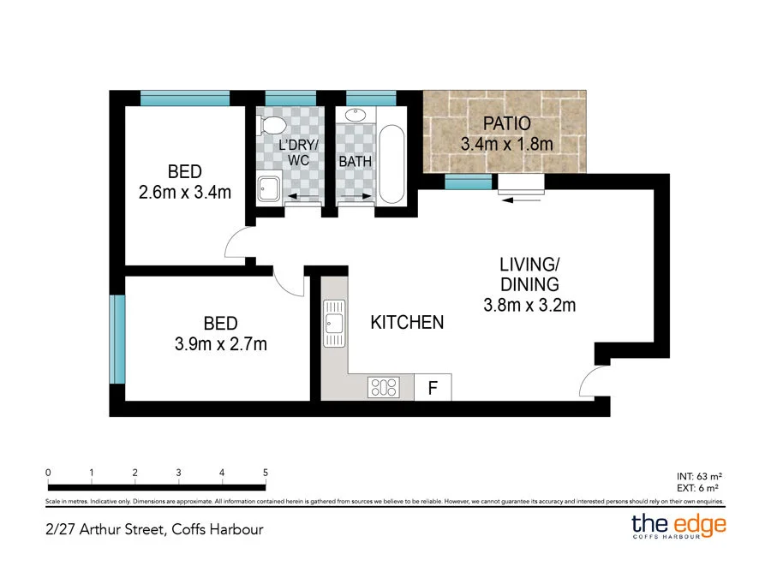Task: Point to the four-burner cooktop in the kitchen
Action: [x=383, y=388]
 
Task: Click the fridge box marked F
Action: [x=433, y=388]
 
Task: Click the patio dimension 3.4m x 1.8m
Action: [x=506, y=143]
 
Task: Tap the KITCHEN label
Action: [x=407, y=323]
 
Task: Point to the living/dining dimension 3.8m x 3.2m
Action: [x=529, y=304]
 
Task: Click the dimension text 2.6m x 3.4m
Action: [x=185, y=192]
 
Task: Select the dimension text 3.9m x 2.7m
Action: [x=220, y=344]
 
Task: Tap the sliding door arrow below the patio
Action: [x=521, y=200]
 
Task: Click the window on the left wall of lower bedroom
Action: [x=117, y=339]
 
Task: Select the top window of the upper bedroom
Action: [x=185, y=98]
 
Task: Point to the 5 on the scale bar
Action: [x=266, y=473]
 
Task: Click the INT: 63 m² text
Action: [x=701, y=474]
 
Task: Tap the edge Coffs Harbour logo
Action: [x=678, y=525]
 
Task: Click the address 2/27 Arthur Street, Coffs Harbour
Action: [x=154, y=528]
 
